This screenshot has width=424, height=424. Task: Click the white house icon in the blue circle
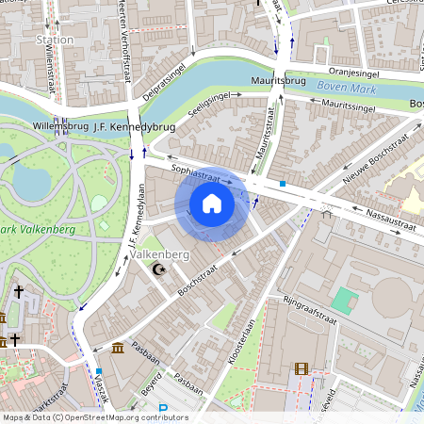(212, 204)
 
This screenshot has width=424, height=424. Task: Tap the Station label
(54, 40)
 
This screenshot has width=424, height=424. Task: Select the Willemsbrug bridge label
(59, 124)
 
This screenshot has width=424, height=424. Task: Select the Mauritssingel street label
(348, 104)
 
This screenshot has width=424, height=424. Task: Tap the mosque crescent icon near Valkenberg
(158, 270)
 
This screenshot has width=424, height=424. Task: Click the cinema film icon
(301, 369)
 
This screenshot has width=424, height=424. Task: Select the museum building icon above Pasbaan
(117, 350)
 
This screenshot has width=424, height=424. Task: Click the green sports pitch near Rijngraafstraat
(345, 302)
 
